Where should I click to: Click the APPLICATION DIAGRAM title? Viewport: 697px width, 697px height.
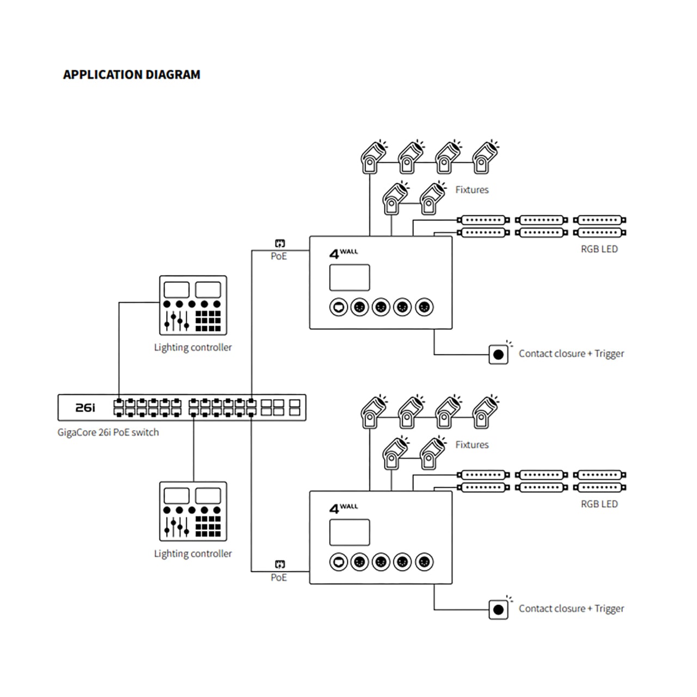tap(132, 75)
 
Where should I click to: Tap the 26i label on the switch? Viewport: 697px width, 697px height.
tap(85, 408)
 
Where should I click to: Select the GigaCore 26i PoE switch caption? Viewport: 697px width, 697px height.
tap(108, 432)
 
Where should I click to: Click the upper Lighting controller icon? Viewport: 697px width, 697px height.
tap(193, 305)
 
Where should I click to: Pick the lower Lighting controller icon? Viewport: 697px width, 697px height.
tap(193, 511)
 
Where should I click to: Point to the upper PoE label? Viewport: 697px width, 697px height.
tap(278, 256)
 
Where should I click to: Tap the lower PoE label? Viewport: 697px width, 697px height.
tap(278, 577)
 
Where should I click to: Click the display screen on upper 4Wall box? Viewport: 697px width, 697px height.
tap(350, 277)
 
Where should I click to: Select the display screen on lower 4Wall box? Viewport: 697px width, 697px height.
tap(350, 533)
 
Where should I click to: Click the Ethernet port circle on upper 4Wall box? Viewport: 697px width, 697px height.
tap(339, 307)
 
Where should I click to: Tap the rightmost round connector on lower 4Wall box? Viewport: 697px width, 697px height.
tap(424, 562)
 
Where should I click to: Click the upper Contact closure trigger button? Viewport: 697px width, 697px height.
tap(498, 354)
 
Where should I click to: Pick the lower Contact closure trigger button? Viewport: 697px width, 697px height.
tap(498, 609)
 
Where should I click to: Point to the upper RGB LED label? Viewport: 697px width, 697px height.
tap(600, 249)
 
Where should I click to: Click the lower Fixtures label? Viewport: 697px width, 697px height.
tap(472, 444)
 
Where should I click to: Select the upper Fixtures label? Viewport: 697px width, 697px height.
tap(472, 189)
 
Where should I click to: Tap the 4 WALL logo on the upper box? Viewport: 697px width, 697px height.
tap(344, 253)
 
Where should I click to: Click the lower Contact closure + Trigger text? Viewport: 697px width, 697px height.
tap(572, 609)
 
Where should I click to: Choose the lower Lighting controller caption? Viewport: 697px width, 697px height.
tap(193, 554)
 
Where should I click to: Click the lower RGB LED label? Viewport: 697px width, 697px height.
tap(600, 504)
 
